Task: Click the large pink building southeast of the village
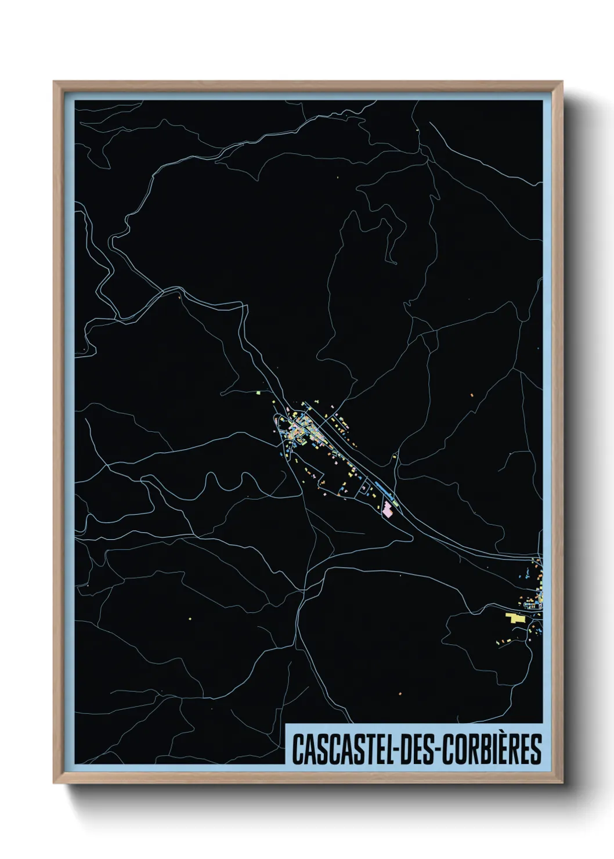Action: coord(387,511)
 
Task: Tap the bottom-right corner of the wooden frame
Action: coord(562,784)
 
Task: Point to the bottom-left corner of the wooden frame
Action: coord(55,784)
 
